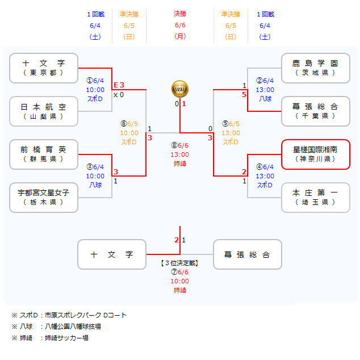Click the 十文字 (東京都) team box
pyautogui.click(x=44, y=68)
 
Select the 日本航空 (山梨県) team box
pyautogui.click(x=44, y=111)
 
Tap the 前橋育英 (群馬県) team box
pyautogui.click(x=44, y=154)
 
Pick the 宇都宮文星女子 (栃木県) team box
pyautogui.click(x=44, y=198)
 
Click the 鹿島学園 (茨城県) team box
pyautogui.click(x=316, y=68)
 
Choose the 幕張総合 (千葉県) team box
pyautogui.click(x=316, y=111)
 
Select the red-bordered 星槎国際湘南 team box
pyautogui.click(x=316, y=154)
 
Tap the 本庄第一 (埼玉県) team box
pyautogui.click(x=316, y=198)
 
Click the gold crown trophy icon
pyautogui.click(x=180, y=89)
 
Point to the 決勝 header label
pyautogui.click(x=180, y=14)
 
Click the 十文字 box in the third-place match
pyautogui.click(x=112, y=255)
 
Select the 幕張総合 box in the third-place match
pyautogui.click(x=247, y=255)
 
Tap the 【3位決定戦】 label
pyautogui.click(x=180, y=263)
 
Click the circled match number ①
pyautogui.click(x=89, y=81)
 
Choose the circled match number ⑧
pyautogui.click(x=174, y=145)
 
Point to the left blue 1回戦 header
pyautogui.click(x=95, y=14)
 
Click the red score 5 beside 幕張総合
pyautogui.click(x=244, y=94)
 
